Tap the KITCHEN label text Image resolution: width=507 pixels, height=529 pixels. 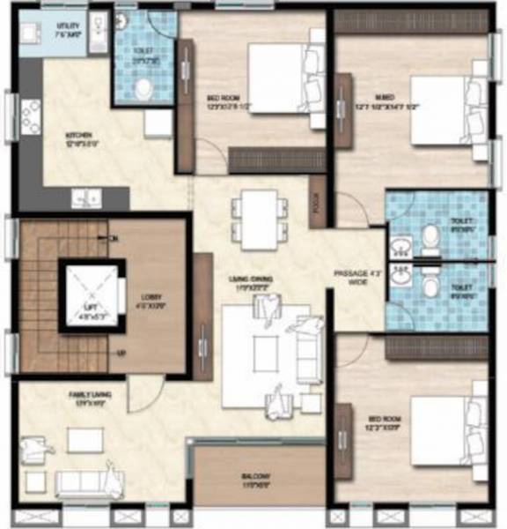point(77,138)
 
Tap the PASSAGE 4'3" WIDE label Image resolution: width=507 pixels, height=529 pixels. point(351,279)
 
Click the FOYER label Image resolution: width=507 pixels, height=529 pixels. point(317,205)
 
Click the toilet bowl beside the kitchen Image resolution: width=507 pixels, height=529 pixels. point(143,86)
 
